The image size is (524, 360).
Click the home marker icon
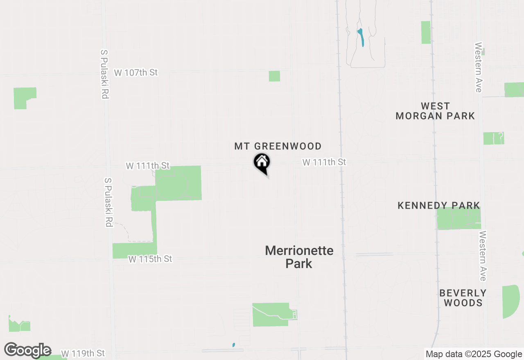pyautogui.click(x=262, y=163)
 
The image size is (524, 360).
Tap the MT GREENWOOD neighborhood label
pyautogui.click(x=278, y=146)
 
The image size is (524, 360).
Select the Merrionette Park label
pyautogui.click(x=299, y=257)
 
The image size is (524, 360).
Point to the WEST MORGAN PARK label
pyautogui.click(x=435, y=111)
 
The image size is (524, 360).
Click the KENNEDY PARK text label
pyautogui.click(x=439, y=205)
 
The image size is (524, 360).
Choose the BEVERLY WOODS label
pyautogui.click(x=463, y=298)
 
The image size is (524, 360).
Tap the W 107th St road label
pyautogui.click(x=136, y=73)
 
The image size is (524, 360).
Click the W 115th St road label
pyautogui.click(x=150, y=259)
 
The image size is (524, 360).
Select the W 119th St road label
pyautogui.click(x=83, y=353)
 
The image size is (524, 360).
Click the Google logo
pyautogui.click(x=28, y=350)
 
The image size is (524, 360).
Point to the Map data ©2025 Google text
pyautogui.click(x=474, y=354)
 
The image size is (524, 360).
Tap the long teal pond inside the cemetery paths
pyautogui.click(x=361, y=37)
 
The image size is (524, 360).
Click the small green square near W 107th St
pyautogui.click(x=274, y=76)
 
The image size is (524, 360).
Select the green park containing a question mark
pyautogui.click(x=493, y=138)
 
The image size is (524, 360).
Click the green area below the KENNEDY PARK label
pyautogui.click(x=458, y=219)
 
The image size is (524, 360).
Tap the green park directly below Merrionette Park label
pyautogui.click(x=271, y=315)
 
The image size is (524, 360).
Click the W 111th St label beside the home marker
pyautogui.click(x=324, y=162)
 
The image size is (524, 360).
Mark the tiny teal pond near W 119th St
pyautogui.click(x=234, y=345)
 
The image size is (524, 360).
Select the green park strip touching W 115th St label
pyautogui.click(x=134, y=250)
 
